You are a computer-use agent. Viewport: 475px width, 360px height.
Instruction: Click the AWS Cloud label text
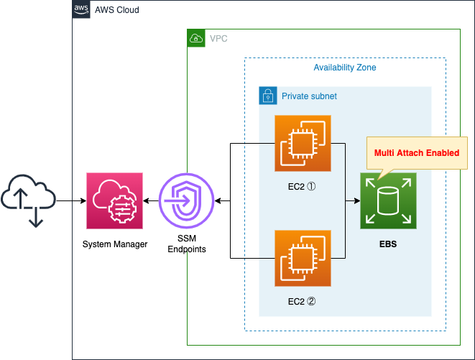coord(117,11)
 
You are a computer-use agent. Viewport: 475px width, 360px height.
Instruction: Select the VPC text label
coord(218,38)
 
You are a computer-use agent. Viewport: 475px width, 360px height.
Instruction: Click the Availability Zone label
coord(344,68)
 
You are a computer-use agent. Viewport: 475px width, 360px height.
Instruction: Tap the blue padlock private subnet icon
coord(267,96)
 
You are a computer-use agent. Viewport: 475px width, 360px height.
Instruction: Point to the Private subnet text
coord(309,96)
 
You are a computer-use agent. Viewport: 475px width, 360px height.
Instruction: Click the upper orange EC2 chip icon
coord(303,144)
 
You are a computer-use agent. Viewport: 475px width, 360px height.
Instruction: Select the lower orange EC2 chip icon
coord(303,258)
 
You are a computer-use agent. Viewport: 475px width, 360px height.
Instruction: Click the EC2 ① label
coord(303,187)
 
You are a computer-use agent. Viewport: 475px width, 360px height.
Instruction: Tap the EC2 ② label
coord(303,302)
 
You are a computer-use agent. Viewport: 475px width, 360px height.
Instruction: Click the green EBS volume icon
coord(388,201)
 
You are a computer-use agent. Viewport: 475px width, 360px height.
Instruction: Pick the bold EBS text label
coord(388,244)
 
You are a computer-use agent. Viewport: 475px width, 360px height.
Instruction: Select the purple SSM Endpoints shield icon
coord(187,201)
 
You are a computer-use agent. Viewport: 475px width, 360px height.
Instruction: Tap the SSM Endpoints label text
coord(187,244)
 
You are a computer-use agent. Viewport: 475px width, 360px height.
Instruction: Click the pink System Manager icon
coord(115,201)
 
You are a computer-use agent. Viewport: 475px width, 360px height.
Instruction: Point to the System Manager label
coord(115,244)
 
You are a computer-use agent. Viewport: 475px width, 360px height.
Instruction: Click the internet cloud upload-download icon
coord(29,198)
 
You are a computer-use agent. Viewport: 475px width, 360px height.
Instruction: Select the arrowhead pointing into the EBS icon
coord(356,201)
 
